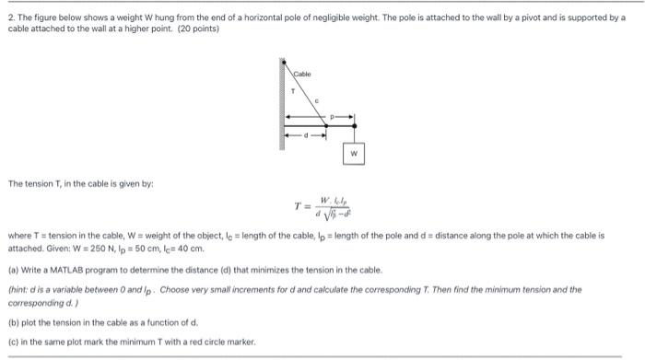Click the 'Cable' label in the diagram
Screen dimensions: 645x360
point(303,73)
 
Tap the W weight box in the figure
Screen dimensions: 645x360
point(354,153)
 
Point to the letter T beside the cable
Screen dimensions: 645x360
point(292,91)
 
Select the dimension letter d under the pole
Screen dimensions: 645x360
point(304,138)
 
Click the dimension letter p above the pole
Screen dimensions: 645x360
point(335,117)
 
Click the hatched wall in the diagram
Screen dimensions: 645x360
point(280,101)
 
